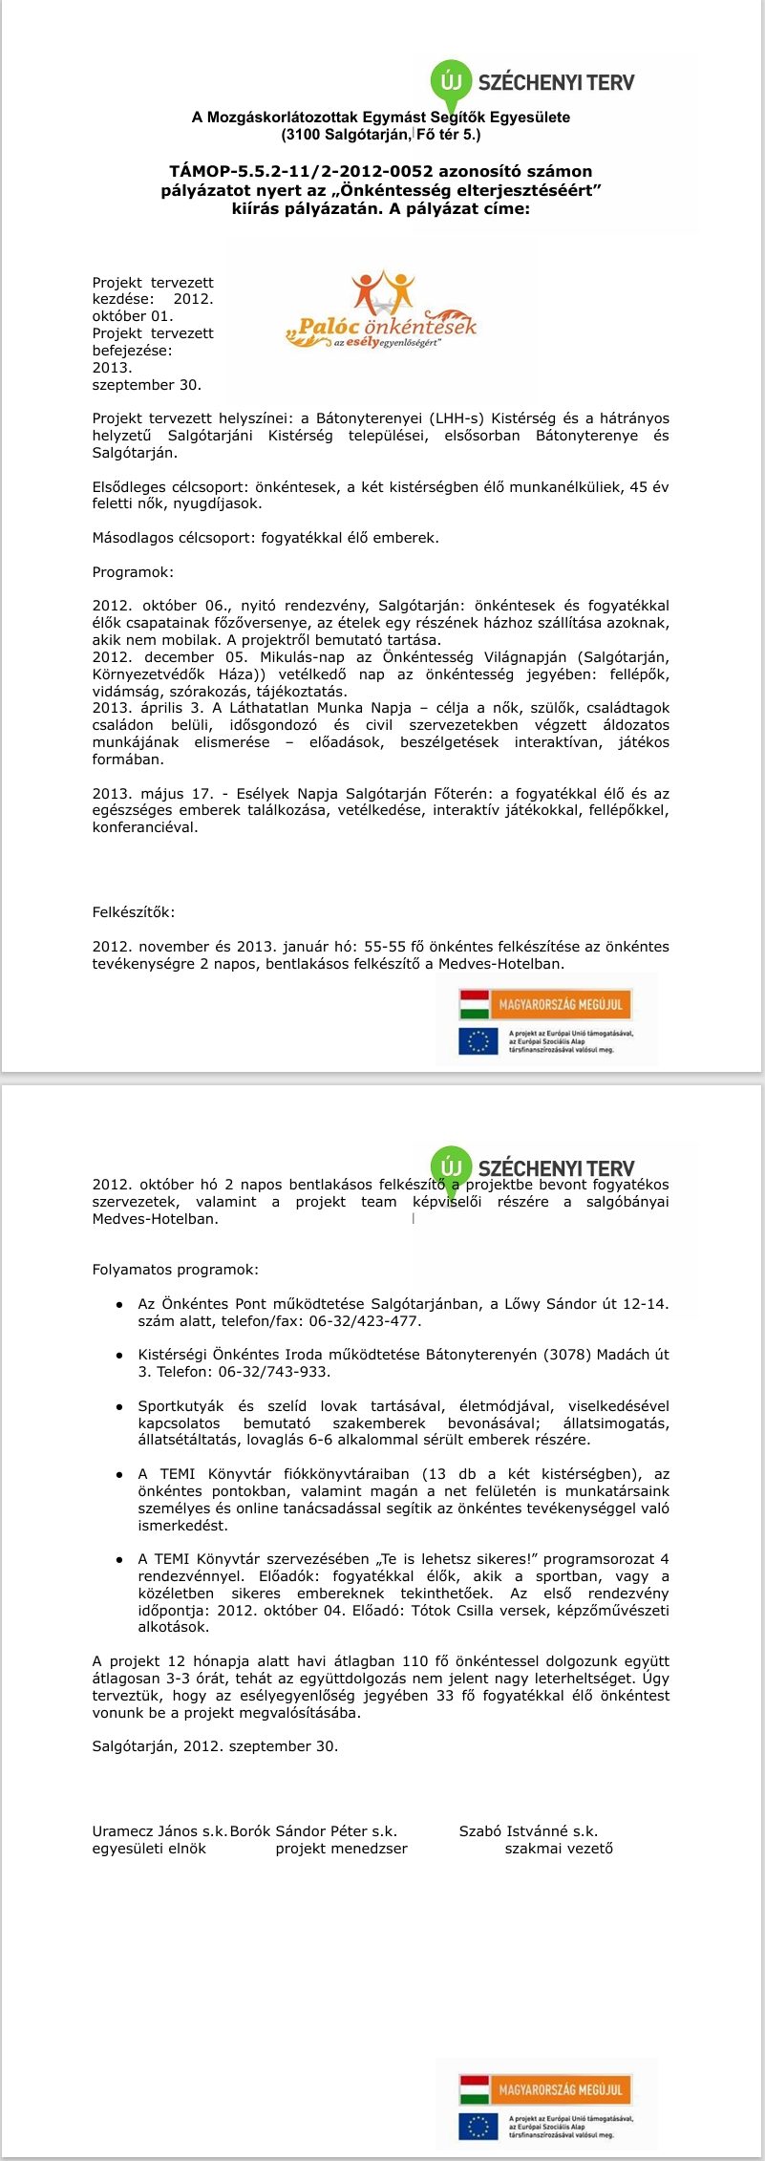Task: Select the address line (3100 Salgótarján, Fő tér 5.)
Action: click(380, 135)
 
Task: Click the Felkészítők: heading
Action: click(134, 912)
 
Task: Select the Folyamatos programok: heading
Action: click(175, 1270)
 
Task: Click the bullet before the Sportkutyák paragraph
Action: click(118, 1406)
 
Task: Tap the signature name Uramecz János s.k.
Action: click(159, 1831)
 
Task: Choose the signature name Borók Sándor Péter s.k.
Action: click(313, 1831)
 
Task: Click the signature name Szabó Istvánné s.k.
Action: click(528, 1831)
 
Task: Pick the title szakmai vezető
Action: click(559, 1849)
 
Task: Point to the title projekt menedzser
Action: click(341, 1849)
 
